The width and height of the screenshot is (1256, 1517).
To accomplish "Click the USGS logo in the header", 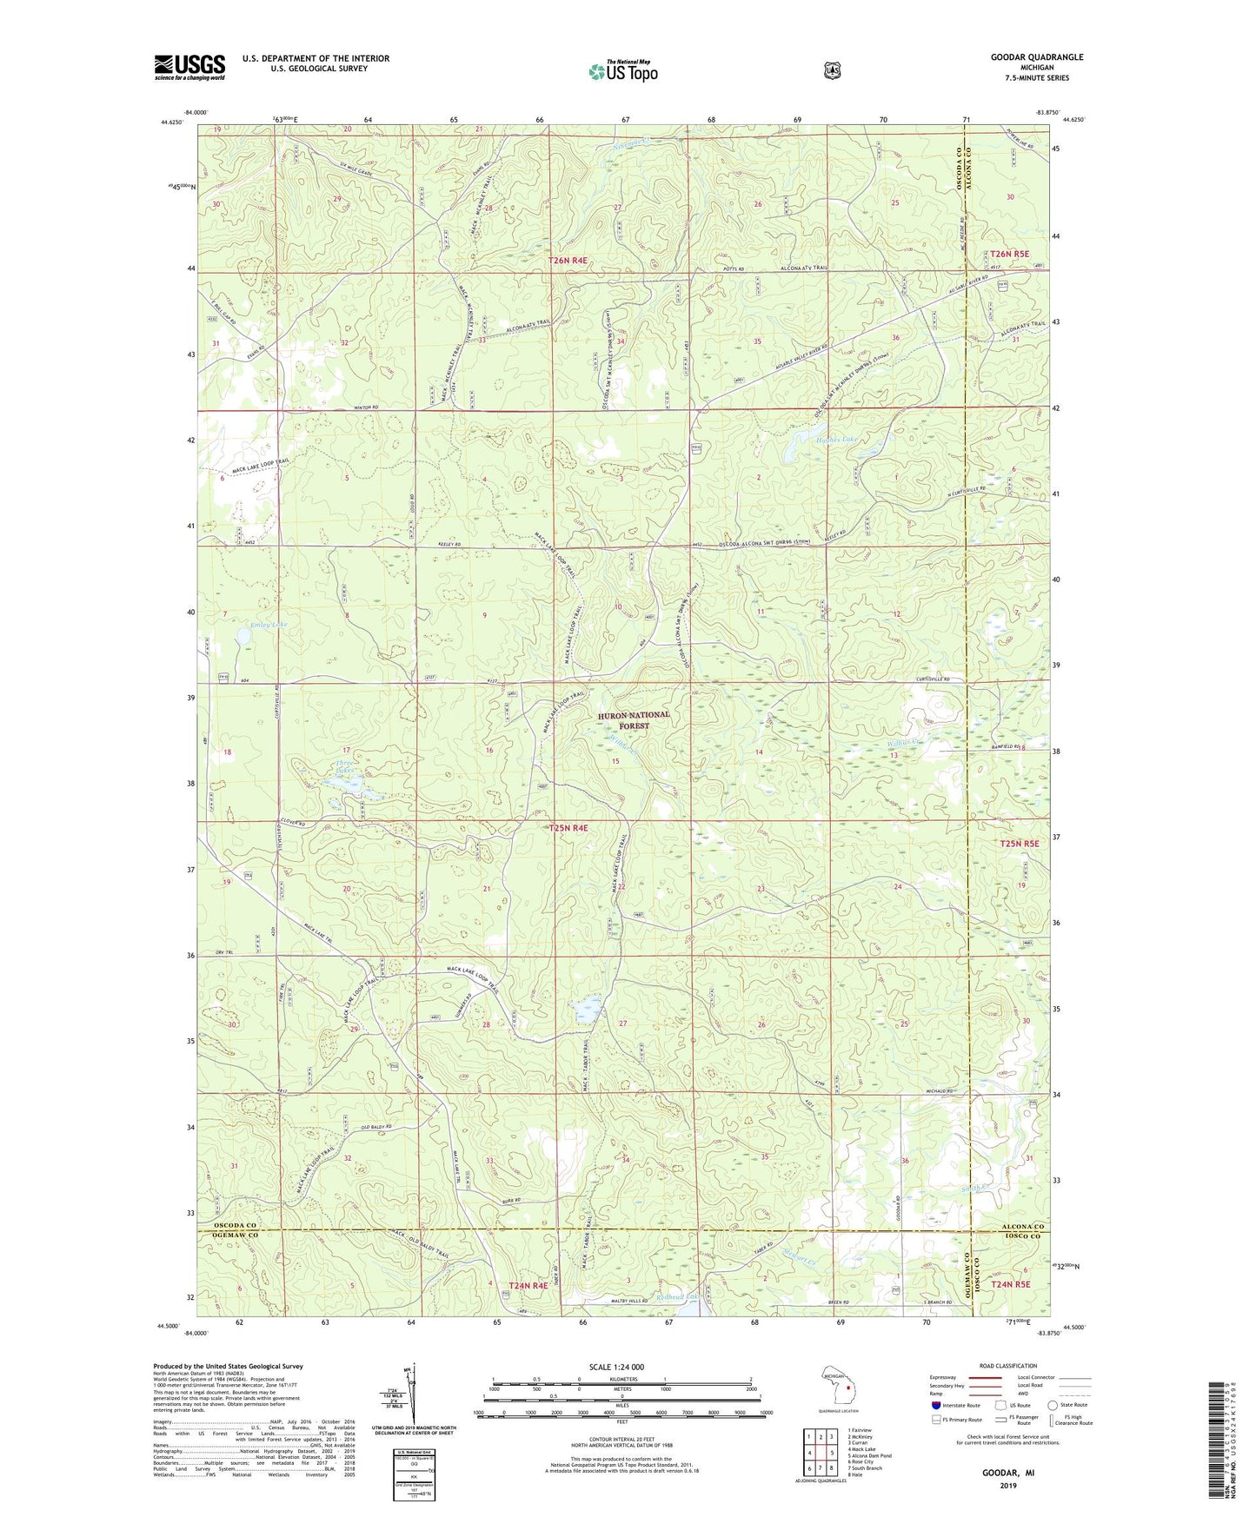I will (x=189, y=67).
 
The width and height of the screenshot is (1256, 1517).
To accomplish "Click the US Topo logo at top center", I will (x=622, y=71).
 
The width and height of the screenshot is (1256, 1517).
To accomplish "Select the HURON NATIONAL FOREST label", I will (x=634, y=719).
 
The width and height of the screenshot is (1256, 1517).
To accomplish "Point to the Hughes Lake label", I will (x=836, y=440).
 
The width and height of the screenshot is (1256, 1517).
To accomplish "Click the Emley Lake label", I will (x=268, y=625).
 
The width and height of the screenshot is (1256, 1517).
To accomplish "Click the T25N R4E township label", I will (x=568, y=828).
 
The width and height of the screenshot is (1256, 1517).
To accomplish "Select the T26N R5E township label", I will (x=1009, y=255).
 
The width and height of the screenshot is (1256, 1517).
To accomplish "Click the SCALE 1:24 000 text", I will (x=616, y=1367).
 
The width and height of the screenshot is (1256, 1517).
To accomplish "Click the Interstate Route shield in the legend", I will (x=935, y=1404).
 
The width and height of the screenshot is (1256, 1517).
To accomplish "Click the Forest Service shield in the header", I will (x=833, y=70).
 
